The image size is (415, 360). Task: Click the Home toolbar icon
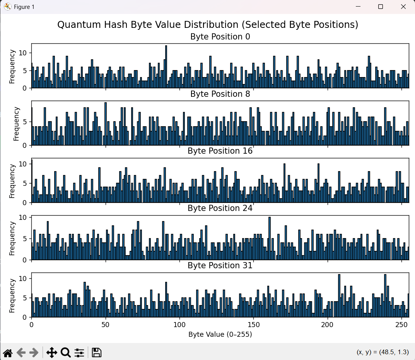[x=8, y=352]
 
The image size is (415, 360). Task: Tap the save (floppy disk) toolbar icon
[x=97, y=352]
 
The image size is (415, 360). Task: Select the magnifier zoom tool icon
[x=65, y=352]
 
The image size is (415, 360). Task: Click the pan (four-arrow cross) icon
[x=51, y=352]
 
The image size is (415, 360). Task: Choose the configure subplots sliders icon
[x=79, y=352]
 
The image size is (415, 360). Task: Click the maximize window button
[x=381, y=7]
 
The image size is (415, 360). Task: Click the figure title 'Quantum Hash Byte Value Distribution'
[x=208, y=25]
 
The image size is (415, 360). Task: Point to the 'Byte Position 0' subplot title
[x=220, y=37]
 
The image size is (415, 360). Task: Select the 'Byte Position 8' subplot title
[x=220, y=94]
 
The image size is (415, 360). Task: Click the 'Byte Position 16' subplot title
[x=220, y=151]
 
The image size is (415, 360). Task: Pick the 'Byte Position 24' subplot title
[x=220, y=208]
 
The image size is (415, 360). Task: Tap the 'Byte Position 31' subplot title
[x=220, y=266]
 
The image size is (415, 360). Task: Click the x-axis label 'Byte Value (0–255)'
[x=220, y=334]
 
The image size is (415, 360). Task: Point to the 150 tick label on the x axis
[x=253, y=324]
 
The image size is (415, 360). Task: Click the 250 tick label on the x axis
[x=401, y=324]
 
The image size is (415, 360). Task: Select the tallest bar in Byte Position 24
[x=269, y=238]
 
